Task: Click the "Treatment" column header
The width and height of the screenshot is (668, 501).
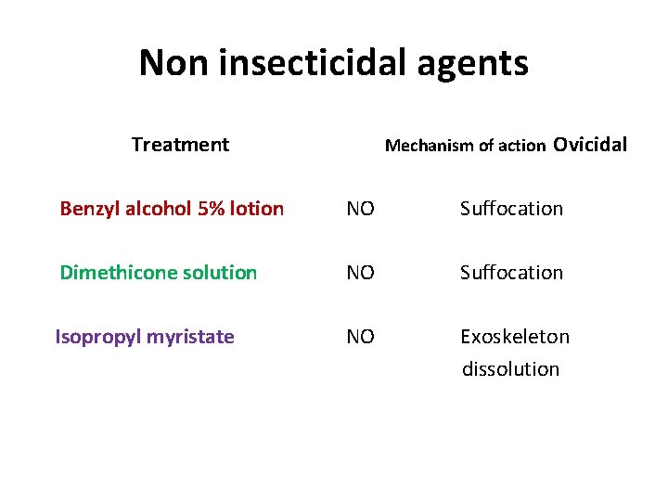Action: [180, 145]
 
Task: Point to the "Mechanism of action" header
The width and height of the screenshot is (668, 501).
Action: [465, 146]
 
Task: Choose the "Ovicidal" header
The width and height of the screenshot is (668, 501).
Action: [590, 145]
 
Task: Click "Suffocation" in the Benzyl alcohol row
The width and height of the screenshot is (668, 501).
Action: [511, 209]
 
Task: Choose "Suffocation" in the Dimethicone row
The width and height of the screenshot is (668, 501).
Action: [511, 273]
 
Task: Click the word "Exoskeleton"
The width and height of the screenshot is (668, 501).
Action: [515, 337]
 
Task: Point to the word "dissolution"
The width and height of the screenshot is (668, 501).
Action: [510, 369]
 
